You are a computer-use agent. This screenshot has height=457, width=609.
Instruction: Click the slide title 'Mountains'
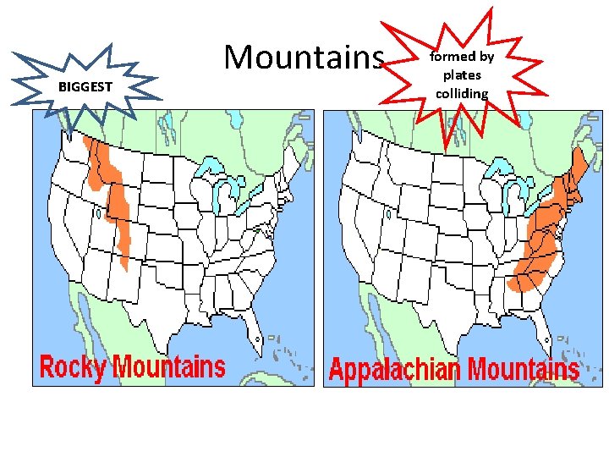click(x=304, y=58)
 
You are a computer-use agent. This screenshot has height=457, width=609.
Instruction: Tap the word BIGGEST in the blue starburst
click(x=85, y=87)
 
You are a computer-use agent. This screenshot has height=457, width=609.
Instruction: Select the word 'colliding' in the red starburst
click(x=462, y=93)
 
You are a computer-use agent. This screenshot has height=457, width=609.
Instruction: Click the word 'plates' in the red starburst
click(x=462, y=75)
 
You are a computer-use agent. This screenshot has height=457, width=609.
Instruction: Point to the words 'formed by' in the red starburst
click(x=462, y=58)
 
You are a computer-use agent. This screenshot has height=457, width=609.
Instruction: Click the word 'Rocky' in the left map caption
click(x=74, y=367)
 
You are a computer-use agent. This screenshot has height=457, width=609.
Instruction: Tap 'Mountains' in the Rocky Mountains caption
click(x=169, y=367)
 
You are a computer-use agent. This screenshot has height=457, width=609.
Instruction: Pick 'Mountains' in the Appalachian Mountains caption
click(x=524, y=370)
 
